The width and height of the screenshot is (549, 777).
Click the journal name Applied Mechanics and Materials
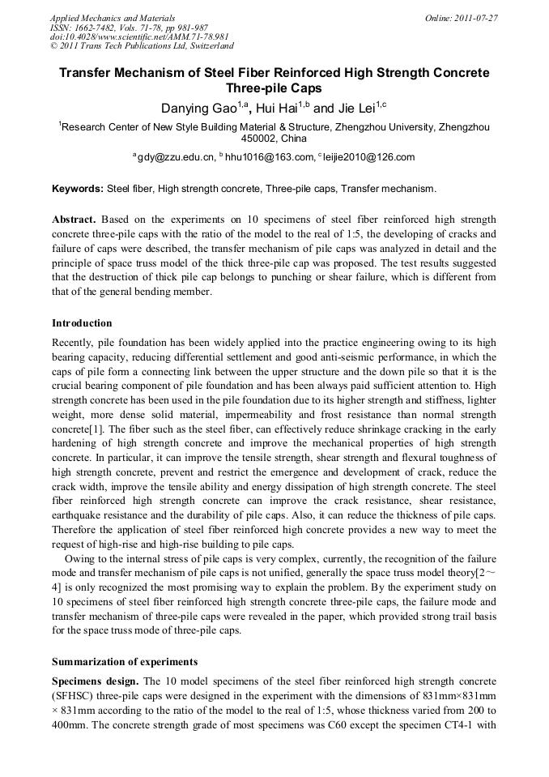coord(105,17)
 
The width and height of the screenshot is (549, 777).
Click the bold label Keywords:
coord(78,189)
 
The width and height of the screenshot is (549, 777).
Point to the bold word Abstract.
coord(74,220)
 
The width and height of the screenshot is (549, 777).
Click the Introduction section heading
coord(82,323)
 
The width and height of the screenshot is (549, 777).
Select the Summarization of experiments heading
coord(124,662)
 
